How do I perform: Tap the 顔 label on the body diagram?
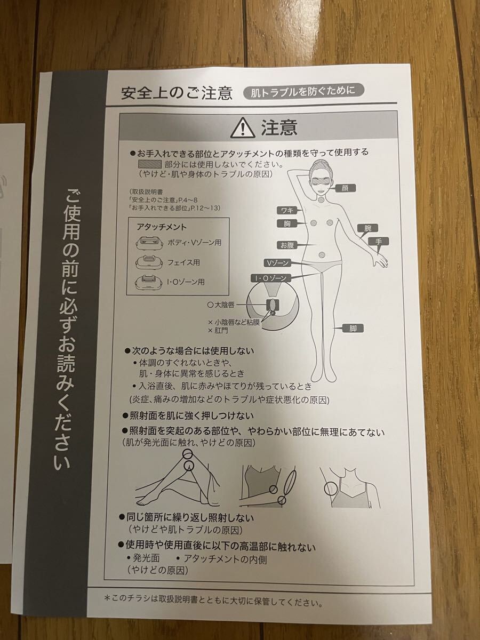tap(346, 188)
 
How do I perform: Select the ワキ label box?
tap(287, 210)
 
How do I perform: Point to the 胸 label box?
tap(287, 223)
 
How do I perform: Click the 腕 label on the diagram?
tap(368, 228)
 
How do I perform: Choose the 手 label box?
tap(378, 242)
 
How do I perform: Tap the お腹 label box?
tap(287, 245)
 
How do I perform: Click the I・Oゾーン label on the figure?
tap(269, 278)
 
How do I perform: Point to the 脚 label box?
tap(353, 329)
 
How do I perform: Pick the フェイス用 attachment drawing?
tap(148, 262)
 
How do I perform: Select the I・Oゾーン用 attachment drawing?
tap(148, 282)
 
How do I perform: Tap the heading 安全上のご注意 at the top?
tap(177, 93)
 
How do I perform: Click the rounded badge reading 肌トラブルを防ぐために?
tap(303, 91)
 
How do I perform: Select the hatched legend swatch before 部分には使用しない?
tap(149, 164)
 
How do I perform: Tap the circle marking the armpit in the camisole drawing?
tap(330, 488)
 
